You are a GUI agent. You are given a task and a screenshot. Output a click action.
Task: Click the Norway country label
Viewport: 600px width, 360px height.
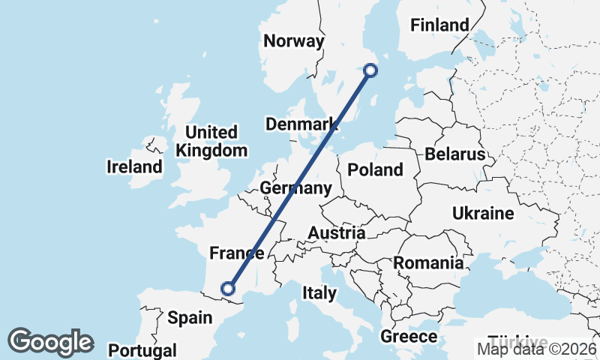click(293, 40)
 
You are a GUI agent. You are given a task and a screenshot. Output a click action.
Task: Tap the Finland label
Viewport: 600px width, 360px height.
click(439, 25)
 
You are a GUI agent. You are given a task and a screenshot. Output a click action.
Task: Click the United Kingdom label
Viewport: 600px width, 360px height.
click(211, 142)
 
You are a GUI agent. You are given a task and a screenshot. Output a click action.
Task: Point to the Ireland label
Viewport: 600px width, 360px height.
click(135, 166)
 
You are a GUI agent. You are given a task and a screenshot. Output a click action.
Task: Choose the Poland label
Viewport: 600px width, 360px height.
click(376, 170)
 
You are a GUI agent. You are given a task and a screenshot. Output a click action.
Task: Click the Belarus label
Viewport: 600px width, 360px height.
click(455, 154)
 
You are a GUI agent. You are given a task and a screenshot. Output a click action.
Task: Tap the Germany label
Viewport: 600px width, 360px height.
click(295, 187)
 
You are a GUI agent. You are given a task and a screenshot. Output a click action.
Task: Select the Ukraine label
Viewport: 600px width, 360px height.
click(483, 214)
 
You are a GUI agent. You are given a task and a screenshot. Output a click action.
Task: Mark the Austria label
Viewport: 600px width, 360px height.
click(337, 233)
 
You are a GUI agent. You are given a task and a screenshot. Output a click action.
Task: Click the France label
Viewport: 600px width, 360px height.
click(237, 253)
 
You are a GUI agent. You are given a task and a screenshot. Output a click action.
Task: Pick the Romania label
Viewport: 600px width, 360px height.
click(428, 263)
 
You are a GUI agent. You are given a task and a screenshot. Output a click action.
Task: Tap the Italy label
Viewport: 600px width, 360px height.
click(319, 292)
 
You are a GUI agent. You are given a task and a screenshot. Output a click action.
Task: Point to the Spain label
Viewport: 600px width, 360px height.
click(190, 318)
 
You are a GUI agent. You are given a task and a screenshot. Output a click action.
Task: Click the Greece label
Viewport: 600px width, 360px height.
click(409, 336)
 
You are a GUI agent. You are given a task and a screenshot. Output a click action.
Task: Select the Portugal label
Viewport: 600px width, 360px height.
click(142, 350)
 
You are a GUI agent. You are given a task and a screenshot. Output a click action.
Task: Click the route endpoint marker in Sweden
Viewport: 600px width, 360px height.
click(370, 70)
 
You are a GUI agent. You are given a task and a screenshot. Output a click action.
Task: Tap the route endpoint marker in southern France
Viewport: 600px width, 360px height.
click(229, 288)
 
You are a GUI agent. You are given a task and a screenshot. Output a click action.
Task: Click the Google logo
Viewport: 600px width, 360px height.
click(50, 342)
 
